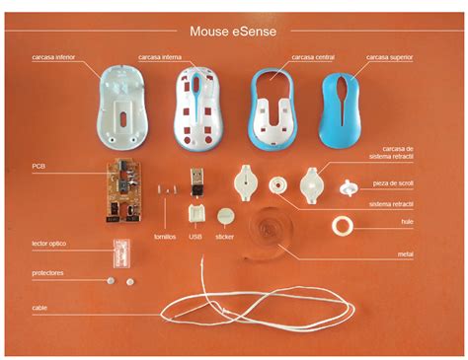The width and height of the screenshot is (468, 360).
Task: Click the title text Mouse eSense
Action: (234, 31)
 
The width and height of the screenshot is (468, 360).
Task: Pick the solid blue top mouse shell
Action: (343, 103)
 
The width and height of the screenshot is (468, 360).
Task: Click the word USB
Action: (195, 237)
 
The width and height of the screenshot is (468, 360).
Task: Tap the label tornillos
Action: (165, 237)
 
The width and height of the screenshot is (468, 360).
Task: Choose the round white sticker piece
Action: (226, 214)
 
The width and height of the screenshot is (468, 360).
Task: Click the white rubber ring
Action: (345, 227)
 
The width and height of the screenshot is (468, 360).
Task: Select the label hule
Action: (405, 223)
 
